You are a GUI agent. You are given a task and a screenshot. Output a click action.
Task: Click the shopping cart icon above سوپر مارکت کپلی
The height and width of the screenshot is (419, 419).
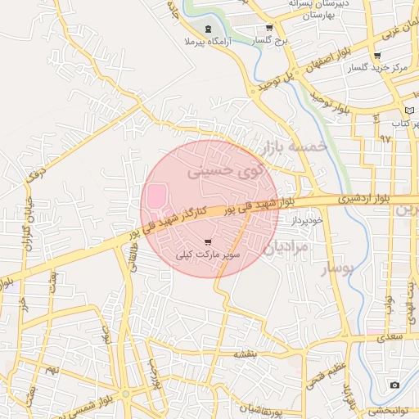pyautogui.click(x=209, y=242)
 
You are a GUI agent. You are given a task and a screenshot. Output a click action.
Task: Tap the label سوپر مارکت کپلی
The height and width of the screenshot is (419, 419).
pyautogui.click(x=209, y=255)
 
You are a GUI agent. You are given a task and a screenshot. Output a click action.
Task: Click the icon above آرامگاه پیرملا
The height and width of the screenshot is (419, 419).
pyautogui.click(x=208, y=29)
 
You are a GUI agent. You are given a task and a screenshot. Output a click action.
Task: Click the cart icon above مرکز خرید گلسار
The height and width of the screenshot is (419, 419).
pyautogui.click(x=376, y=56)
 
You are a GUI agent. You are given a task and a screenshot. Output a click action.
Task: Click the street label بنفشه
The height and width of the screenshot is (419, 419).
pyautogui.click(x=245, y=354)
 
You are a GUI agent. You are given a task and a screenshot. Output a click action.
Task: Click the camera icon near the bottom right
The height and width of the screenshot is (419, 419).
pyautogui.click(x=394, y=385)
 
